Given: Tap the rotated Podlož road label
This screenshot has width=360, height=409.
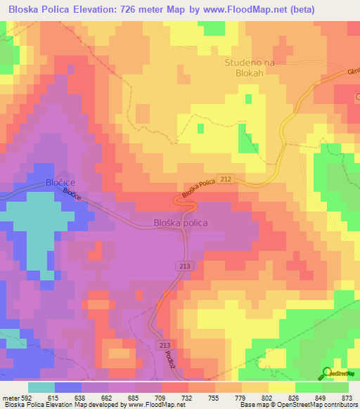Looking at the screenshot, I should coord(169,363).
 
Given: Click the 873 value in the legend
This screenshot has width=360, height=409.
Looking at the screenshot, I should coord(345,397).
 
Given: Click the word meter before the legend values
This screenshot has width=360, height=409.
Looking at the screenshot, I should coord(8,397).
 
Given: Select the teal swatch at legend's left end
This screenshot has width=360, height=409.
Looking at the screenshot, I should coord(41,387).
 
